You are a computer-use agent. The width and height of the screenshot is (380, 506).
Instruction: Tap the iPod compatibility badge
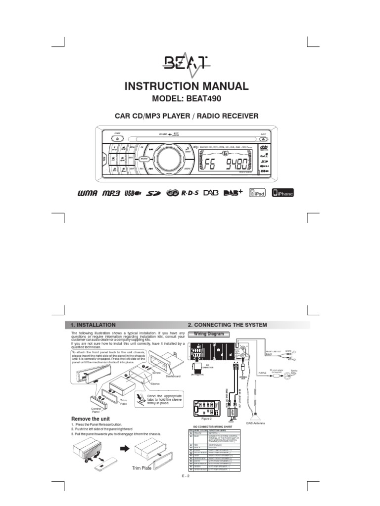257,193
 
